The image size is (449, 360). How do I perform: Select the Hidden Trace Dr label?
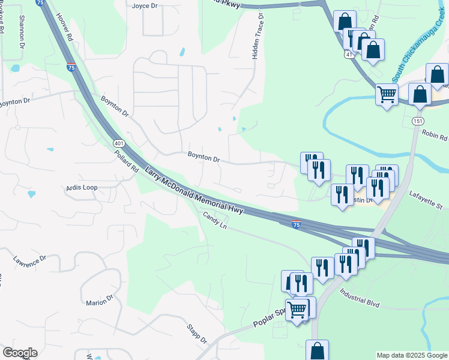(258, 37)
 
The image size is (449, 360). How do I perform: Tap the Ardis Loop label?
(81, 188)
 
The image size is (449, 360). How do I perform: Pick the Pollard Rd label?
(127, 160)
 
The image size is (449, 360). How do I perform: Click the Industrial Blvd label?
(360, 297)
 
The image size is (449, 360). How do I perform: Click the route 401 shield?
(118, 143)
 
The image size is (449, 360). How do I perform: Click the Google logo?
(20, 353)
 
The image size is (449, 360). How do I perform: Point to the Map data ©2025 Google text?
(411, 355)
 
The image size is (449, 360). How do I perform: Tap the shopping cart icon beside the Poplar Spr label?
(297, 310)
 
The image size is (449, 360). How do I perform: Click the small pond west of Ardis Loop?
(31, 194)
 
